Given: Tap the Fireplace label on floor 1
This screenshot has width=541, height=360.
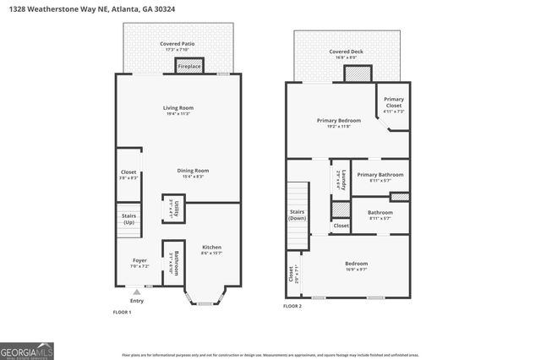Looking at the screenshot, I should [x=189, y=66].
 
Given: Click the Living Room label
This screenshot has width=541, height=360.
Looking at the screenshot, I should [x=178, y=110].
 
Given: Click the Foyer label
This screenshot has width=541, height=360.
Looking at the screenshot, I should [x=140, y=262].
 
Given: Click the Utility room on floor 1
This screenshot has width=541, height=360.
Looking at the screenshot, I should [x=173, y=209].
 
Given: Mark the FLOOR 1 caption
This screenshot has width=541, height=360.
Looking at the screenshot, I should [x=123, y=312].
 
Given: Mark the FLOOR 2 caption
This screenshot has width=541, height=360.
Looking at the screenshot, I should [x=292, y=305].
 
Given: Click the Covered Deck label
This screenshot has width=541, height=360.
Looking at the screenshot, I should [x=347, y=53].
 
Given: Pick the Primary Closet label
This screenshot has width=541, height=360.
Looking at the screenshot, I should [x=394, y=105].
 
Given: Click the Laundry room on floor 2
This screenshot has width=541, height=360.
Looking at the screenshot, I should [x=340, y=179].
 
